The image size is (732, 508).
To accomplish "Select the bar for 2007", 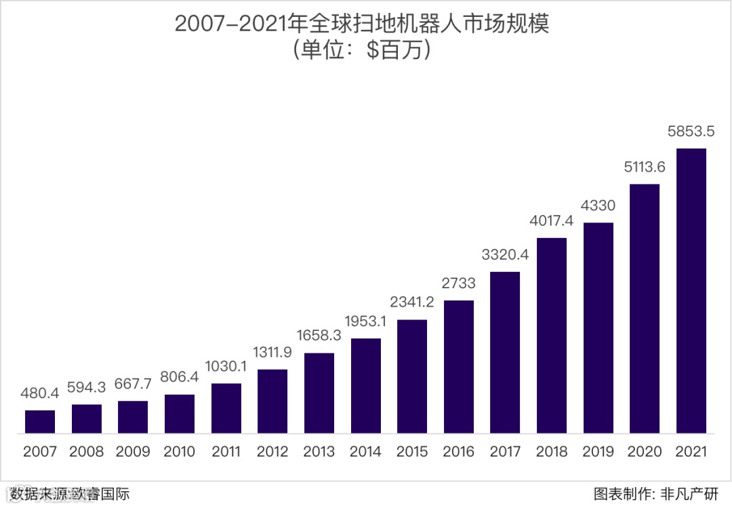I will coord(40,421).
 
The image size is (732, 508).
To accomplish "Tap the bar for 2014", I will coord(366,385).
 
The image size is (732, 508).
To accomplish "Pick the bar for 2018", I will coord(552,335).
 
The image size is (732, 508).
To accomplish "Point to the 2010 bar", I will coord(180,413).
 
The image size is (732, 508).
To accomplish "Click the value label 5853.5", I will coord(691,131).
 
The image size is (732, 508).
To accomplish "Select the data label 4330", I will coord(598,206).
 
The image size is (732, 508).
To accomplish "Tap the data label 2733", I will coord(459,283).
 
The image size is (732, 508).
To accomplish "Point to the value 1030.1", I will coord(226,366).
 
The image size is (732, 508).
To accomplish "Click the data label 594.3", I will coord(87,387).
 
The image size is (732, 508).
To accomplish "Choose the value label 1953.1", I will coord(366,321).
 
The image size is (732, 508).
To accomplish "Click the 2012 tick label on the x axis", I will coord(272,452).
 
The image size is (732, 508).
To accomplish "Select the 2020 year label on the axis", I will coord(645,452).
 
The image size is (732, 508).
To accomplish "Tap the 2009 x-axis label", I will coord(133,452).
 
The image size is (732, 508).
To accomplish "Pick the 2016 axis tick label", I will coord(459,452).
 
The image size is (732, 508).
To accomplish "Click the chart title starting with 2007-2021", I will coord(361,24).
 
